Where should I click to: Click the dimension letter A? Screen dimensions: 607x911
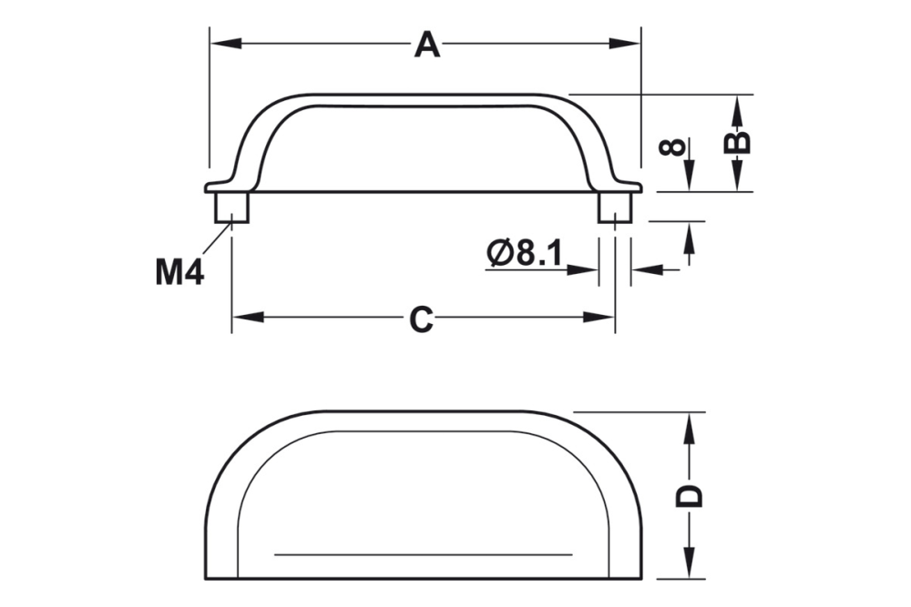[x=426, y=45]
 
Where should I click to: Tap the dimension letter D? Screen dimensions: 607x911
[x=692, y=496]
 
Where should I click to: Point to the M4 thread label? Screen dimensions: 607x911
[x=179, y=271]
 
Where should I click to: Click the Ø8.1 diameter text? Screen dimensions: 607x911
[x=525, y=253]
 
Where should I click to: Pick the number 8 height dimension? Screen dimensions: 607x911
[x=672, y=146]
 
